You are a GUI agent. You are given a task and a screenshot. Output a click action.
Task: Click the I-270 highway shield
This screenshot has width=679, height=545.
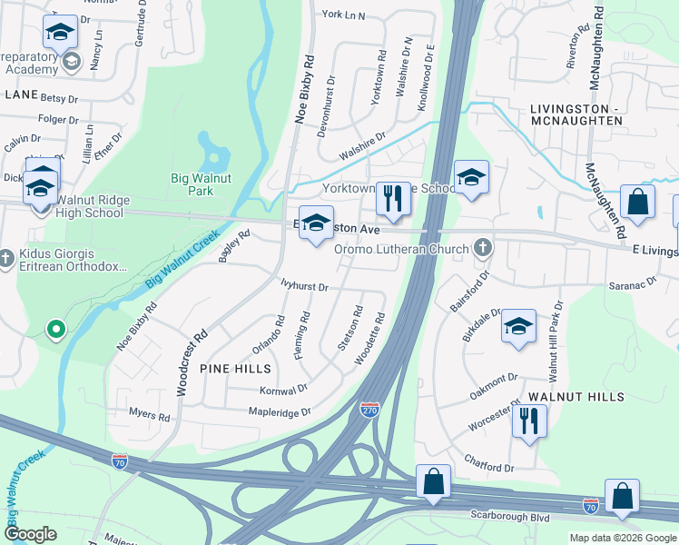point(369,411)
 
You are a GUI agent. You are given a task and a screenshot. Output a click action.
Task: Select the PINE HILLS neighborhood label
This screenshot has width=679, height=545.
point(235,369)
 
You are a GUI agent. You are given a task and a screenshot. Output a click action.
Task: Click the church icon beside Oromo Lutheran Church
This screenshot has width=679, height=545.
point(484,247)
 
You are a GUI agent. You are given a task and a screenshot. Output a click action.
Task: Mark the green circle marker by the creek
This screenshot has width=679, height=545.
point(56,329)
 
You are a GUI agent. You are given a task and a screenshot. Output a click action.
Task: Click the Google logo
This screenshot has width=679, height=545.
point(31,534)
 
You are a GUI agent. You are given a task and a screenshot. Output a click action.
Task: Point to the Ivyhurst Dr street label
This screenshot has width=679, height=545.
point(304,286)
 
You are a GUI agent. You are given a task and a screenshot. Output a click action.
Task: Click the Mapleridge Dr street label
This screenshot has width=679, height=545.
point(280,411)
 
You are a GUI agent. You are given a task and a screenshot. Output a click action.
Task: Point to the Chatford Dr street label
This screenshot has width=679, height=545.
point(489,465)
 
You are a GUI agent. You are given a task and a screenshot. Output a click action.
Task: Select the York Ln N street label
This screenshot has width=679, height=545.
point(343,15)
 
